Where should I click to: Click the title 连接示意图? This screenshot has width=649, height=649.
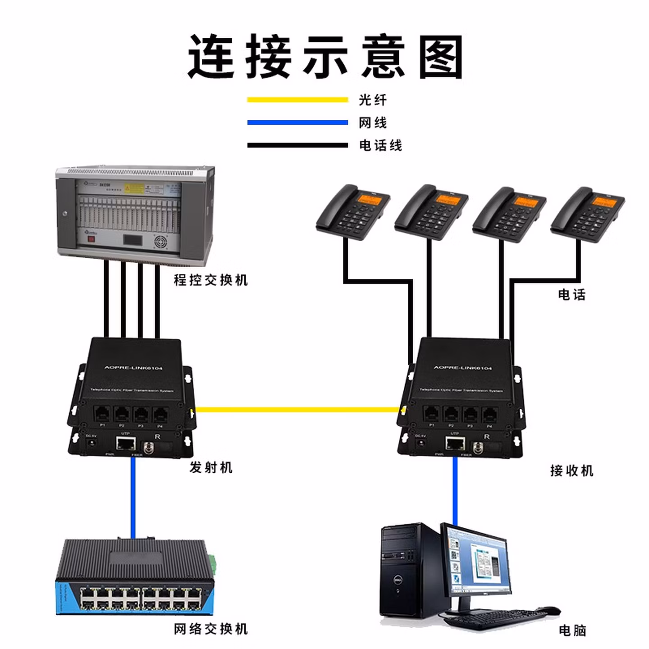[325, 57]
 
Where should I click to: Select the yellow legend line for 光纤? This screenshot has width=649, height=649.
[297, 100]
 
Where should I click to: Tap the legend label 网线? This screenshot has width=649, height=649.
[372, 123]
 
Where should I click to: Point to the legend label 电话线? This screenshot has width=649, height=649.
[380, 145]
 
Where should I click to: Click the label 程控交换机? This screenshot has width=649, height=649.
[210, 280]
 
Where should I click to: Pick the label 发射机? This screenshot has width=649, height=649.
[210, 467]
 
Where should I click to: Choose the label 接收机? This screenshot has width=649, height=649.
[571, 471]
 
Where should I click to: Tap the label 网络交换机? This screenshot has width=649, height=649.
[210, 628]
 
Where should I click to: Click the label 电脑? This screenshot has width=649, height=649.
[572, 630]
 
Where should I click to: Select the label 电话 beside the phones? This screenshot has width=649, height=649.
[571, 295]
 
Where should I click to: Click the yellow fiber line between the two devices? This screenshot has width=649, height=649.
[297, 410]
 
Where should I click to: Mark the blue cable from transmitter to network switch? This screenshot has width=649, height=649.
[133, 496]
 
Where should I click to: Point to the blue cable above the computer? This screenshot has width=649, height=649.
[455, 491]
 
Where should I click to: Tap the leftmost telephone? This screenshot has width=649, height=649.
[352, 212]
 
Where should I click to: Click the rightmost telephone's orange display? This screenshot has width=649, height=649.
[604, 201]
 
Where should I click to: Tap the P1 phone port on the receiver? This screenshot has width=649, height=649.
[431, 413]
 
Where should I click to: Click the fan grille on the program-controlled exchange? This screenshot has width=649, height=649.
[161, 242]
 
